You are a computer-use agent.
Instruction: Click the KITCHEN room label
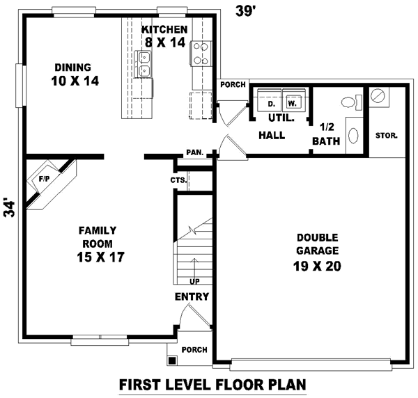coord(164,29)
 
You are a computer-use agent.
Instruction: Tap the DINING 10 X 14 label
coord(73,74)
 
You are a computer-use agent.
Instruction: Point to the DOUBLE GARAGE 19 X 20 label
coord(317,250)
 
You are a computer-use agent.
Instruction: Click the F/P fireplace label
coord(44,179)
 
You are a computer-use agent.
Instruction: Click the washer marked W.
coord(293,102)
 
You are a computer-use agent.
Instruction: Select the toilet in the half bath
coord(351,102)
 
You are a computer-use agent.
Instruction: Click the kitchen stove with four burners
coord(200,53)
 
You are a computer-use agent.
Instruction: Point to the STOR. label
coord(387,135)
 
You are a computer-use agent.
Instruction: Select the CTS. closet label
coord(178,180)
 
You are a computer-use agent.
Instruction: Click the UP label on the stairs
coord(194,281)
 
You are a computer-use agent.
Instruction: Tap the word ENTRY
coord(192,297)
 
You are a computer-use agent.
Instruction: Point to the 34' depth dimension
coord(9,209)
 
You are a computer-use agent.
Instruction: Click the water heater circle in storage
coord(379,95)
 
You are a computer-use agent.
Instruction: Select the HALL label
coord(272,135)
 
